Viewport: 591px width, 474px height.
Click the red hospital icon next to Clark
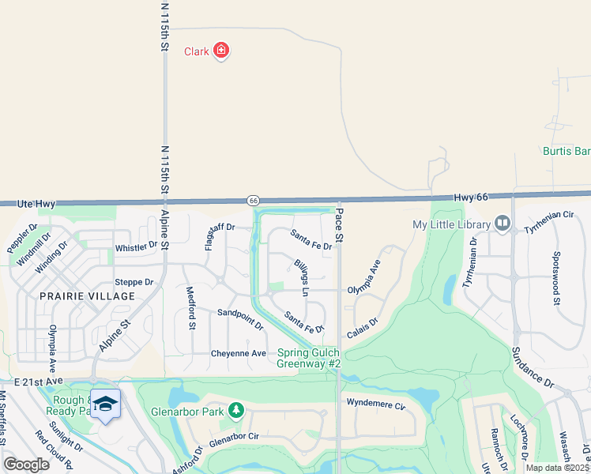(x=221, y=51)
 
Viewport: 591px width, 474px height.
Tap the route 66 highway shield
(x=253, y=201)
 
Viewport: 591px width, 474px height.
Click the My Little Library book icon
(x=502, y=224)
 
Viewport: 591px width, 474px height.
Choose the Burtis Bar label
(x=567, y=150)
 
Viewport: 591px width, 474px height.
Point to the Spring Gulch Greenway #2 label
(x=308, y=358)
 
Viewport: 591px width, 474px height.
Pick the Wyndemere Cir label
(x=375, y=405)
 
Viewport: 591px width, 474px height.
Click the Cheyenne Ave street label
(x=239, y=353)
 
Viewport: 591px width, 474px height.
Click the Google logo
(x=27, y=465)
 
